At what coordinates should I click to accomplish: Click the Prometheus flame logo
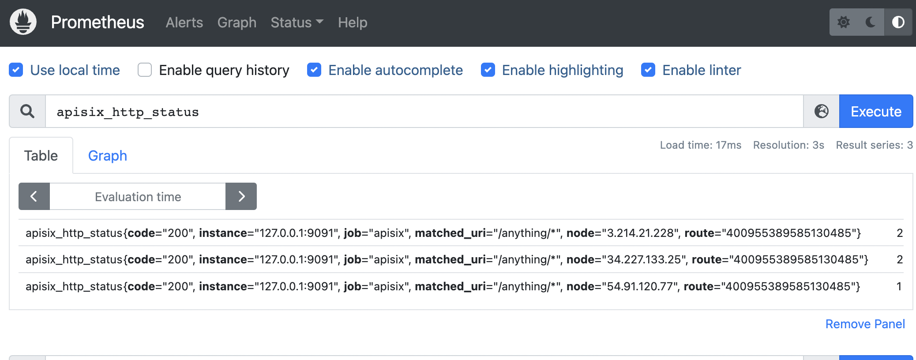[x=23, y=22]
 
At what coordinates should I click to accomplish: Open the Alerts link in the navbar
[x=184, y=22]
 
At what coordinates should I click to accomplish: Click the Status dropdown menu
[x=297, y=22]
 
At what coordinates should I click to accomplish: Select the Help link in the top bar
[x=352, y=22]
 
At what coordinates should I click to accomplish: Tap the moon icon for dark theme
[x=871, y=22]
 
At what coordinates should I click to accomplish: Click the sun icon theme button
[x=844, y=22]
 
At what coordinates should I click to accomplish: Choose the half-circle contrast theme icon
[x=898, y=22]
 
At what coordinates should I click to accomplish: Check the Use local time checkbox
[x=16, y=70]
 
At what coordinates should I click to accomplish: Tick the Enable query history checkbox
[x=145, y=70]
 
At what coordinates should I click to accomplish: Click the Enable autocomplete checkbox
[x=314, y=70]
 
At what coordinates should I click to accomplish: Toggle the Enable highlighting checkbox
[x=488, y=70]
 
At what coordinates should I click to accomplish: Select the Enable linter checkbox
[x=648, y=70]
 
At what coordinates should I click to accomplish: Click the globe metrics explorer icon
[x=821, y=111]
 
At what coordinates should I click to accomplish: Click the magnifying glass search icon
[x=27, y=111]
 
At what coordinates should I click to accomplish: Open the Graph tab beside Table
[x=107, y=156]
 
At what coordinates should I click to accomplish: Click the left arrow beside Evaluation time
[x=34, y=196]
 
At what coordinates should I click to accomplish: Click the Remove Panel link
[x=865, y=324]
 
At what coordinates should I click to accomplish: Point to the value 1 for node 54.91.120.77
[x=899, y=286]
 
